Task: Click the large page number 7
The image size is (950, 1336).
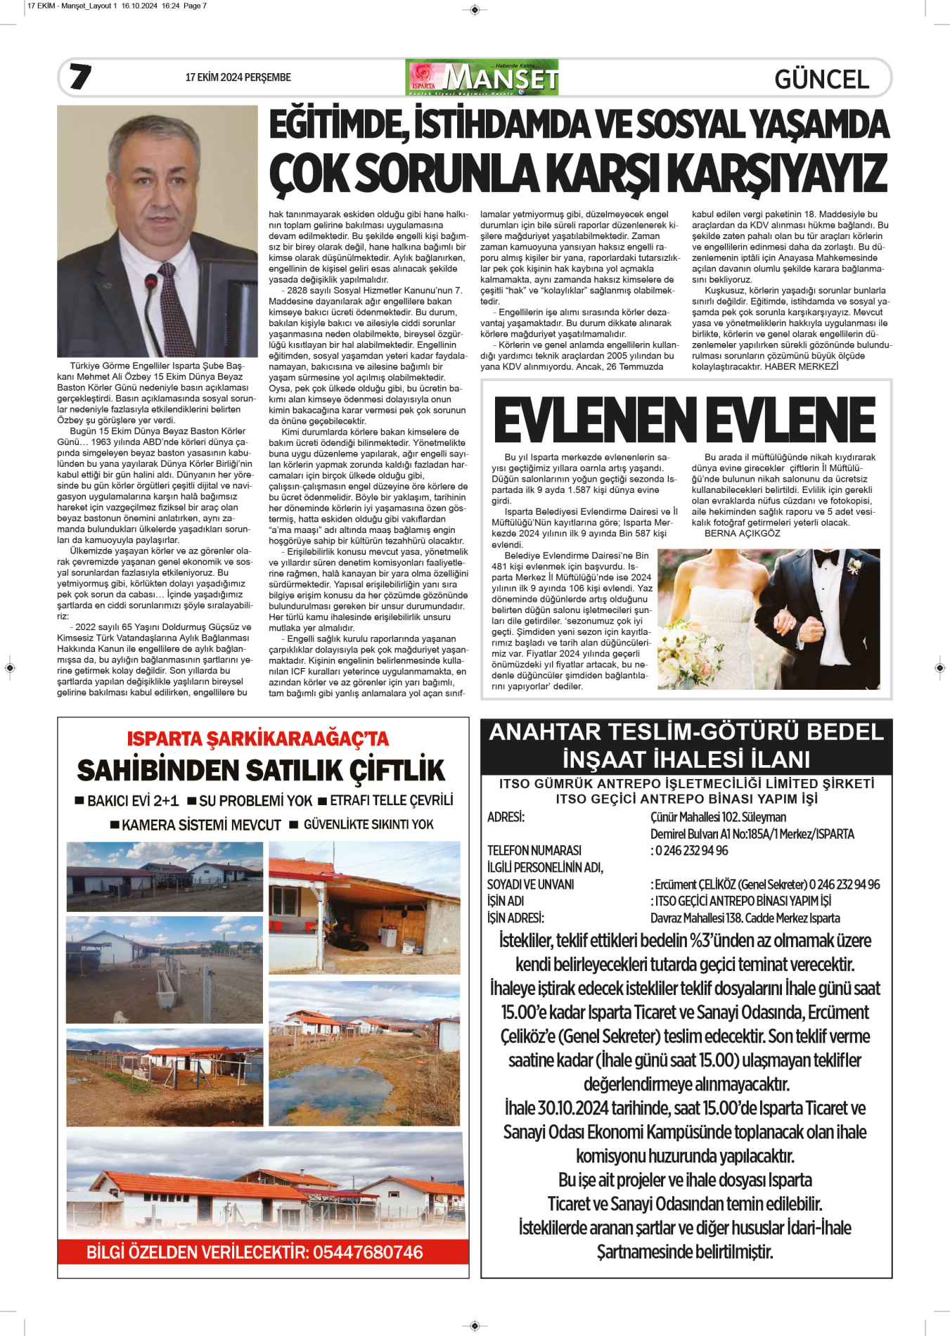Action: pos(81,77)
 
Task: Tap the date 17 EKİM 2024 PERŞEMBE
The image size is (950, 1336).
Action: pos(238,77)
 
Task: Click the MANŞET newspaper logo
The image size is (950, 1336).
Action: pos(482,78)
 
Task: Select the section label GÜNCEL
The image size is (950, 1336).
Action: pos(821,79)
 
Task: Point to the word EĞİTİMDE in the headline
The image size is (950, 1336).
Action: pos(335,125)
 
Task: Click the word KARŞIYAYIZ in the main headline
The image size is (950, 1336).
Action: pos(776,173)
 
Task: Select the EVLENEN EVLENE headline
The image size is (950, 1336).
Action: pos(685,420)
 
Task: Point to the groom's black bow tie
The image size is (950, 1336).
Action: pos(827,559)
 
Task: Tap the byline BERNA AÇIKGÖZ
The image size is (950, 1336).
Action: pos(742,534)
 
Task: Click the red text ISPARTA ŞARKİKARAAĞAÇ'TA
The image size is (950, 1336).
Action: pos(257,739)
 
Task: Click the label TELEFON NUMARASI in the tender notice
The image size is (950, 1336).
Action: pos(534,851)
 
